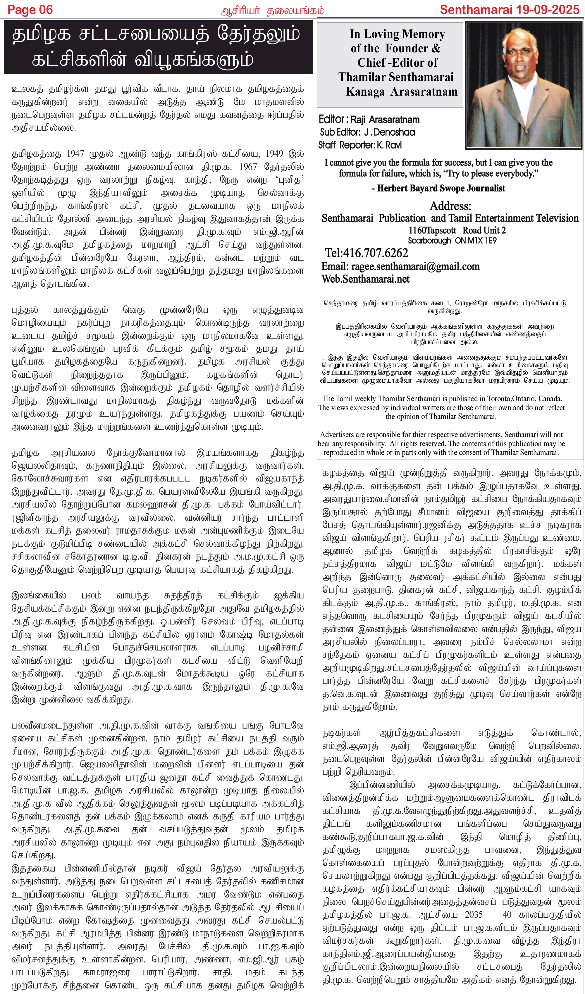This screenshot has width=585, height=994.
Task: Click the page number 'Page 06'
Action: pos(30,10)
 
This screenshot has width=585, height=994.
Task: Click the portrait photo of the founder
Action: pos(523,85)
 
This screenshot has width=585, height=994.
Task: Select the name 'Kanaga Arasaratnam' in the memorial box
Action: pos(401,92)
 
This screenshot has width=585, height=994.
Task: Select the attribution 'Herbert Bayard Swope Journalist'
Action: pos(441,188)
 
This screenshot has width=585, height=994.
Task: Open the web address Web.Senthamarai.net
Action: pos(366,279)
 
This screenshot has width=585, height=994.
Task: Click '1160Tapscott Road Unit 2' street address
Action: pos(457,230)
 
